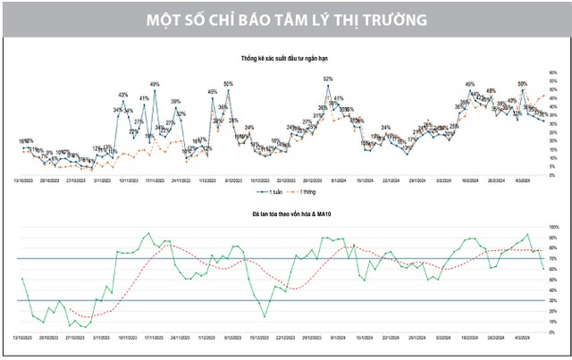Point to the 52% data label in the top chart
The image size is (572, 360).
coord(328,80)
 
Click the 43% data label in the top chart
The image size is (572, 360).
coord(123,95)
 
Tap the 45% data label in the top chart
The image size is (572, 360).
coord(212,92)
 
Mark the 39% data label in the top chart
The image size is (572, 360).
coord(176,101)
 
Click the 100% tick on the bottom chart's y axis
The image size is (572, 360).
coord(553,228)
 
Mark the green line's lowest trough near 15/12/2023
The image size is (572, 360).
coord(264,316)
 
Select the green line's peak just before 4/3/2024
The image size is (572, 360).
coord(528,235)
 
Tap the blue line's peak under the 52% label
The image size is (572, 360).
coord(328,87)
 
